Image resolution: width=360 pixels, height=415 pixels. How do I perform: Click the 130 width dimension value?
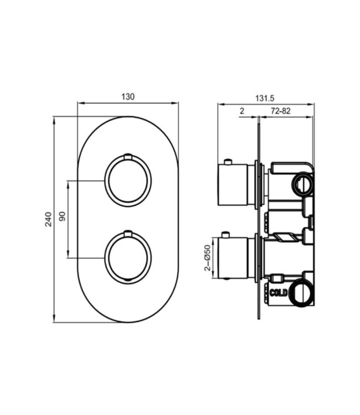click(128, 96)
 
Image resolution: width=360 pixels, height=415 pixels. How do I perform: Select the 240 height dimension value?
click(48, 219)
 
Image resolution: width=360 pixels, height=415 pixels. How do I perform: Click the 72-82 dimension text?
click(281, 111)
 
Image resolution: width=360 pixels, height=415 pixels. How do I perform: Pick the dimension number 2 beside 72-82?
click(241, 111)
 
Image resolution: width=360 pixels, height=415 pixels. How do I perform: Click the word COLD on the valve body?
click(279, 292)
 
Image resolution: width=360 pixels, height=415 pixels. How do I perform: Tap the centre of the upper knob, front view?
click(128, 180)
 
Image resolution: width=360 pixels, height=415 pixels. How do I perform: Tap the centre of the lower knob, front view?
click(128, 257)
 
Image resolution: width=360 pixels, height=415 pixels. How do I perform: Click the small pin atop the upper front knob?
click(128, 157)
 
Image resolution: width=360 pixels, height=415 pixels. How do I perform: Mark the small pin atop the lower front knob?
click(128, 234)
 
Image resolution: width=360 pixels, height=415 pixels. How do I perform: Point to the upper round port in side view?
click(302, 183)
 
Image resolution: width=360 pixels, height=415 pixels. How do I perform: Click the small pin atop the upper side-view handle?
click(226, 162)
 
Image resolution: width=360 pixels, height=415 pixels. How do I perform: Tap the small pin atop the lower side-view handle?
click(226, 235)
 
